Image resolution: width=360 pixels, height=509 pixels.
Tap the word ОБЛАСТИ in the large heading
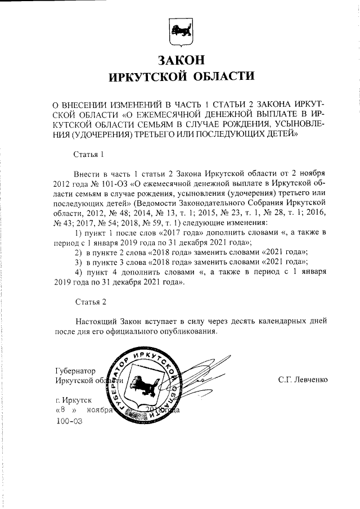(x=221, y=75)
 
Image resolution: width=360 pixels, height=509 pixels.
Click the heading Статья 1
(x=90, y=154)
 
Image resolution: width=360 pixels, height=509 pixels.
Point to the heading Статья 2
(x=91, y=302)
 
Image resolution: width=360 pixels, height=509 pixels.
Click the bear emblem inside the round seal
(x=141, y=386)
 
